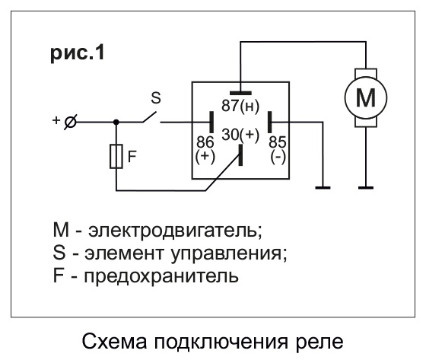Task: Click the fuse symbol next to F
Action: pyautogui.click(x=116, y=157)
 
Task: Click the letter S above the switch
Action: pyautogui.click(x=156, y=97)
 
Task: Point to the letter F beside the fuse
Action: pyautogui.click(x=132, y=157)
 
